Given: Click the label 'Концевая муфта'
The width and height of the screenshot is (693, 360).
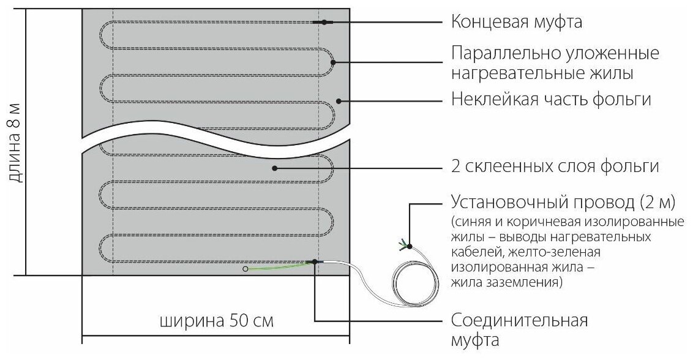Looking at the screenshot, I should pos(515,22).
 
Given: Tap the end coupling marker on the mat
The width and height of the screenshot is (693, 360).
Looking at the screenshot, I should pos(321,23).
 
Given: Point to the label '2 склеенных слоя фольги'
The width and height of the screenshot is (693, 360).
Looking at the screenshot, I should pos(554,167).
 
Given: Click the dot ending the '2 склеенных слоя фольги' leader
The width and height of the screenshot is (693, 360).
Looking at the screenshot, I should pos(275,167).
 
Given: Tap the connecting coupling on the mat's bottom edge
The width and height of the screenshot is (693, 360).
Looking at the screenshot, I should pos(315,262).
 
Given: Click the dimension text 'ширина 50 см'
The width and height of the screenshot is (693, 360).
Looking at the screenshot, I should pos(215,320).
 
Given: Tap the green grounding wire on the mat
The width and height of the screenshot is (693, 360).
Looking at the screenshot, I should pos(279,266).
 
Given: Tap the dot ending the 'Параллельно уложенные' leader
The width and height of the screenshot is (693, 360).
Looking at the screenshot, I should pos(333,61).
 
